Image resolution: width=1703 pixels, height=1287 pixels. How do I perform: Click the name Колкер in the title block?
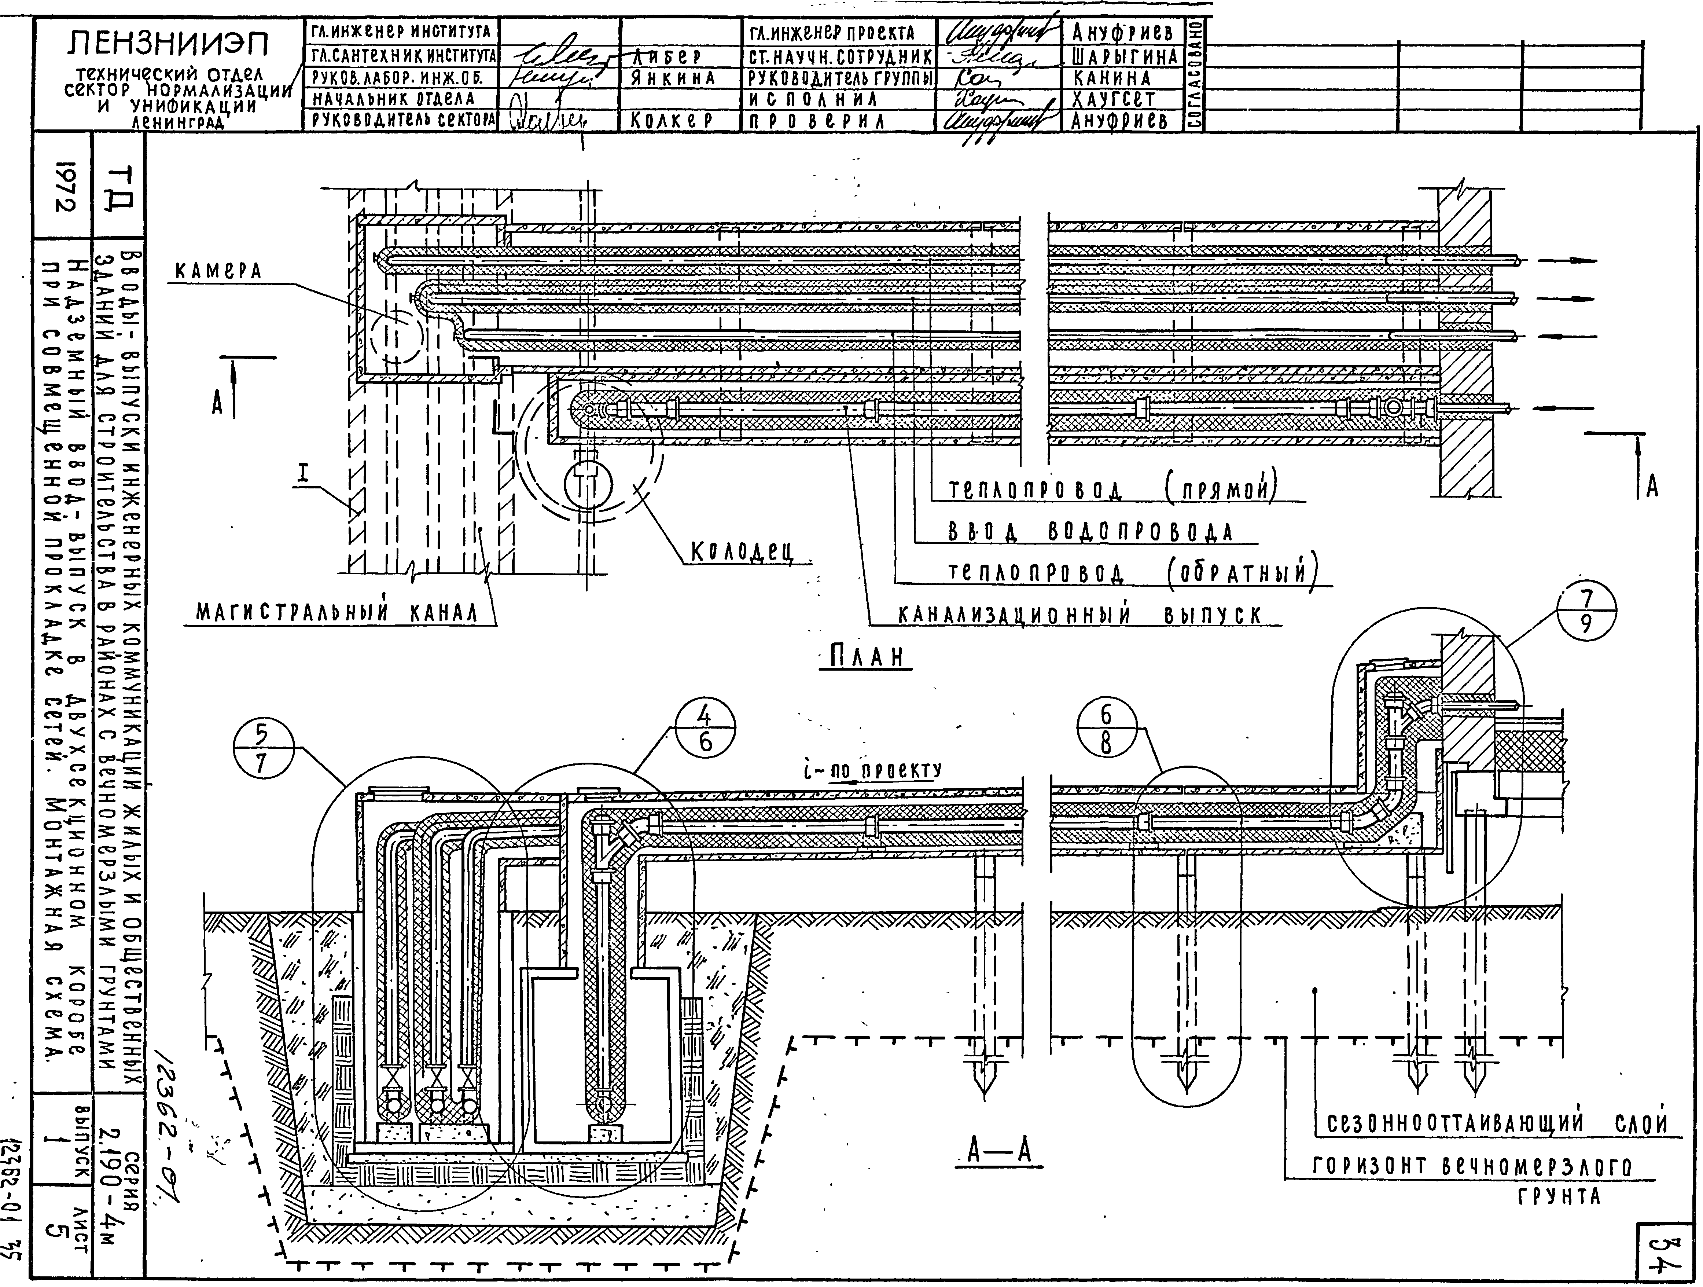click(672, 121)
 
